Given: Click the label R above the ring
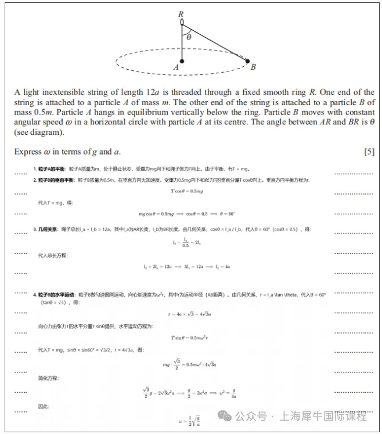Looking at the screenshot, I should coord(181,14).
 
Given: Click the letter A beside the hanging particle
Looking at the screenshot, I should coord(176,67).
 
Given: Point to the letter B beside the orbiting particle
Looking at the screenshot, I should coord(253,67).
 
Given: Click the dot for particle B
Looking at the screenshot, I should coord(247,60).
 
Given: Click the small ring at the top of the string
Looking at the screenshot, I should coord(182,22).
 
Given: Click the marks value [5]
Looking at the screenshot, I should coord(369,152).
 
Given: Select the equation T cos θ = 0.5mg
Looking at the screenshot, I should coord(186,191).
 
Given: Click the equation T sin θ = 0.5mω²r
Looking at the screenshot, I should coord(189,338).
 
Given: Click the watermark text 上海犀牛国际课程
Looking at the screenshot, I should coord(323,416).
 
